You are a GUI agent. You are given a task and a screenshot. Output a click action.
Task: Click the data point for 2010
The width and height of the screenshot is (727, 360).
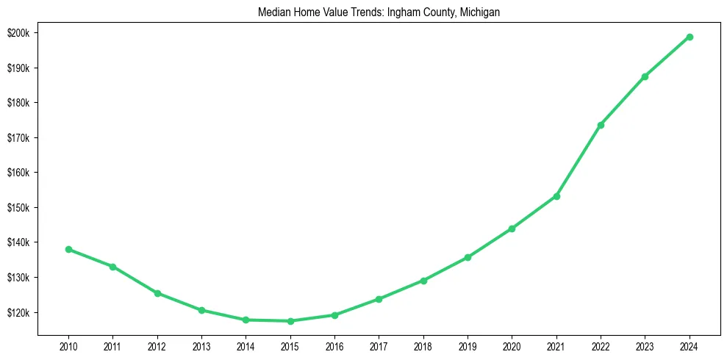click(68, 249)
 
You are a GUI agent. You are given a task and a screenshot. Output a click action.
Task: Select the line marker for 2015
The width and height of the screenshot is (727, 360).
click(290, 321)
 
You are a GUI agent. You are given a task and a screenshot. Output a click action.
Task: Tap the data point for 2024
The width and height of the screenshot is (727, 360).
click(690, 37)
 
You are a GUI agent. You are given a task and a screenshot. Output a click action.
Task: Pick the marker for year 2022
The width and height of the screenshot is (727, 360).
click(601, 125)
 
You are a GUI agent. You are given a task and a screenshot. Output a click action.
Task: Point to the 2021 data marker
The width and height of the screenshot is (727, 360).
click(556, 196)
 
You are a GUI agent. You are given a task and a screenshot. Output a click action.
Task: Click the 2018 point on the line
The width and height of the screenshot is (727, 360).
click(423, 281)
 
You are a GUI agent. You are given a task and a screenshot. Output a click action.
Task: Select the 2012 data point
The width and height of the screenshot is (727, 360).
click(157, 293)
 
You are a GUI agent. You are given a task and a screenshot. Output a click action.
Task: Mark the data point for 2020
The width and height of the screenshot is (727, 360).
click(512, 228)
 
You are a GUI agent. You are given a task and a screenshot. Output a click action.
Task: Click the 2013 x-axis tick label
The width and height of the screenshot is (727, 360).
click(201, 345)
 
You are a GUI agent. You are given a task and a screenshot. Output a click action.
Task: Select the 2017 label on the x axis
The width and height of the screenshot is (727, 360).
click(379, 345)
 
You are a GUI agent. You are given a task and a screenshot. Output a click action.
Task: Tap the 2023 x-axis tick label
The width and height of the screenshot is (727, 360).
click(645, 345)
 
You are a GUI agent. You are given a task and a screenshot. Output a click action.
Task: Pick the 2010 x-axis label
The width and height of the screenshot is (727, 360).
click(68, 345)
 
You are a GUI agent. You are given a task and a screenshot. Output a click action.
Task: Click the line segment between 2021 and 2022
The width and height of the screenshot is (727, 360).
click(579, 160)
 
